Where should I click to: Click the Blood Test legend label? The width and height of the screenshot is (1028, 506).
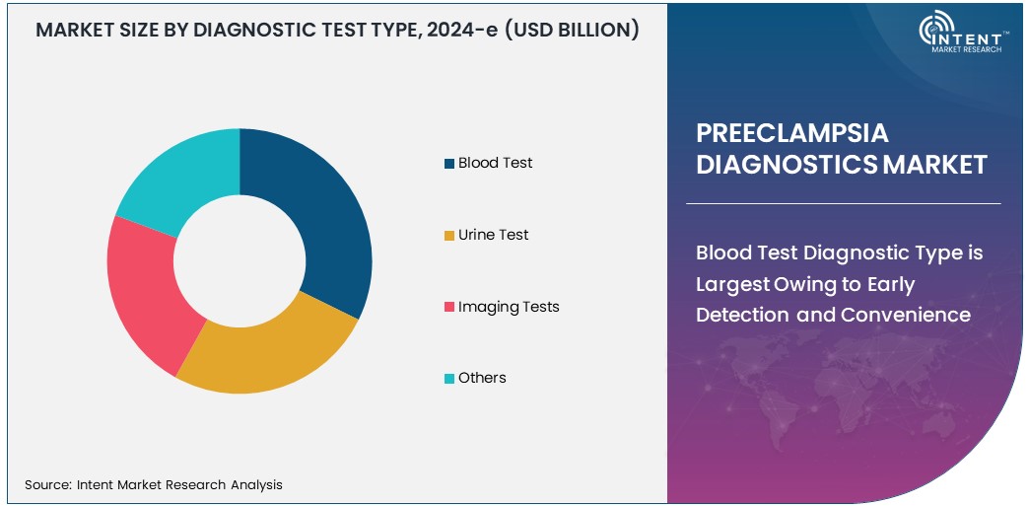[495, 163]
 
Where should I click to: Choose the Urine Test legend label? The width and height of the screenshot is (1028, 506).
[493, 235]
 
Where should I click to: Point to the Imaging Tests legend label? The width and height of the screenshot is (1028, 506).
[509, 307]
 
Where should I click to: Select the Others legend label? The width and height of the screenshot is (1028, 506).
[482, 378]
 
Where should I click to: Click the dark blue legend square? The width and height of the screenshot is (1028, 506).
[449, 164]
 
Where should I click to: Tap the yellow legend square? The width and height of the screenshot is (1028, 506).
[449, 236]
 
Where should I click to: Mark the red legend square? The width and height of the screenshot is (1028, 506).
[449, 308]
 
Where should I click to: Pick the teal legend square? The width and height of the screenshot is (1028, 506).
[449, 379]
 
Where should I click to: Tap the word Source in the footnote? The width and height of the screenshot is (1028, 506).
[45, 484]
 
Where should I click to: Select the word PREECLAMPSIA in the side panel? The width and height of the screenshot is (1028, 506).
[792, 133]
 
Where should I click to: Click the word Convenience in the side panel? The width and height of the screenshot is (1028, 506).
[906, 315]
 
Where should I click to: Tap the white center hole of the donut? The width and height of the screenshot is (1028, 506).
[240, 261]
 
